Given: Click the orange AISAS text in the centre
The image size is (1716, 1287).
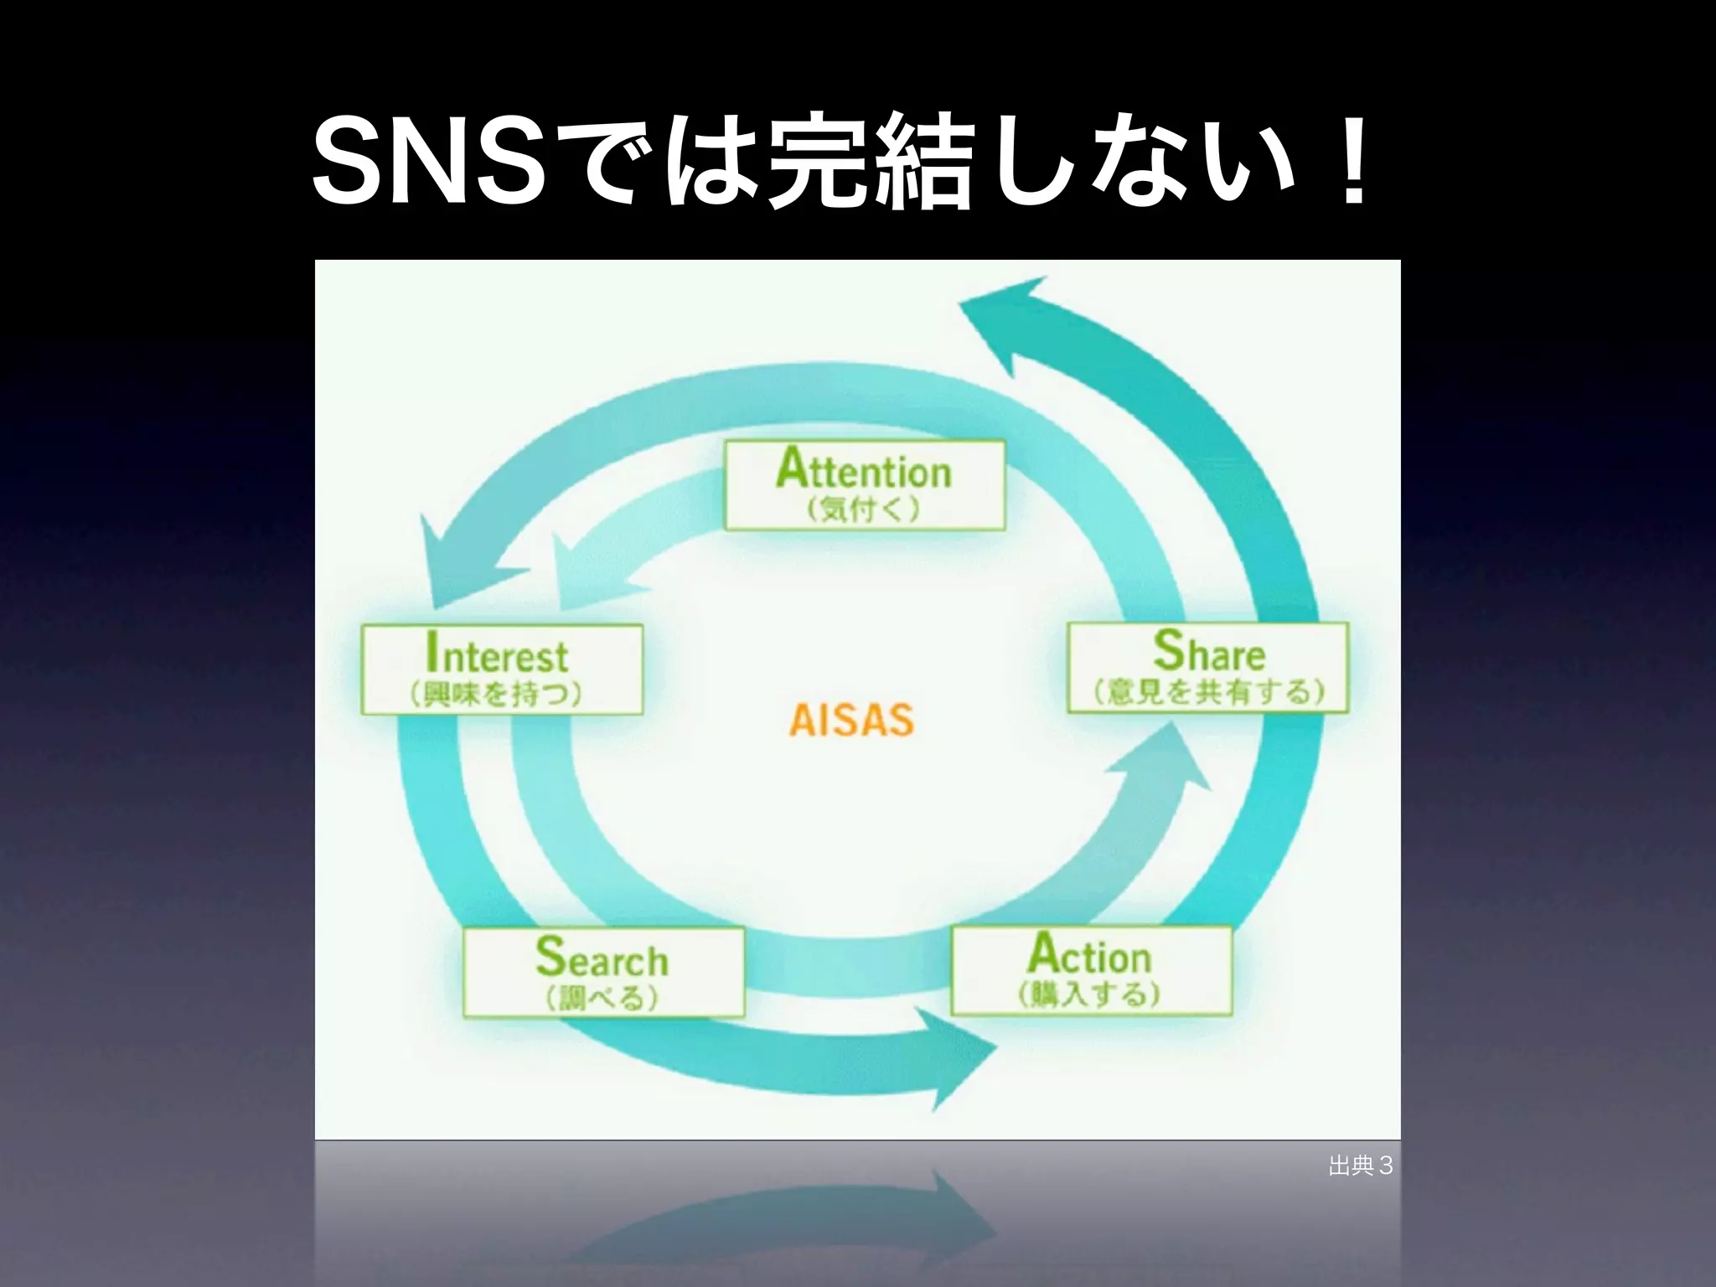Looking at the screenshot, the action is click(x=850, y=721).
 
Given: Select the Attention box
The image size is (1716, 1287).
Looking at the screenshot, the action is click(x=864, y=485).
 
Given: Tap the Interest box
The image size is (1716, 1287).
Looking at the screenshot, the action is click(x=502, y=669).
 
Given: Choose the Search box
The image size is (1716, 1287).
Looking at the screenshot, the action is click(x=603, y=972).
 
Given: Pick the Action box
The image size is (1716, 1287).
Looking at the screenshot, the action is click(x=1091, y=969).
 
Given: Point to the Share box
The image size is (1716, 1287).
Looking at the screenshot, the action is click(x=1207, y=667).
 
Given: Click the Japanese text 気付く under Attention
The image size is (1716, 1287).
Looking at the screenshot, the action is click(x=864, y=509).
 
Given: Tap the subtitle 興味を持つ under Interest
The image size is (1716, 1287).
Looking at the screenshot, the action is click(x=496, y=695).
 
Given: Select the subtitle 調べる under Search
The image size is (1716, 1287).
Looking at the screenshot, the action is click(x=602, y=998).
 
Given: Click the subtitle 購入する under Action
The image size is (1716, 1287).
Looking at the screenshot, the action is click(x=1089, y=995).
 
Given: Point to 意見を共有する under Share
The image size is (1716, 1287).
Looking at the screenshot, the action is click(x=1209, y=692).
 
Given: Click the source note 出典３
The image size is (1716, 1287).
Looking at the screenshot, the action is click(x=1360, y=1166).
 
